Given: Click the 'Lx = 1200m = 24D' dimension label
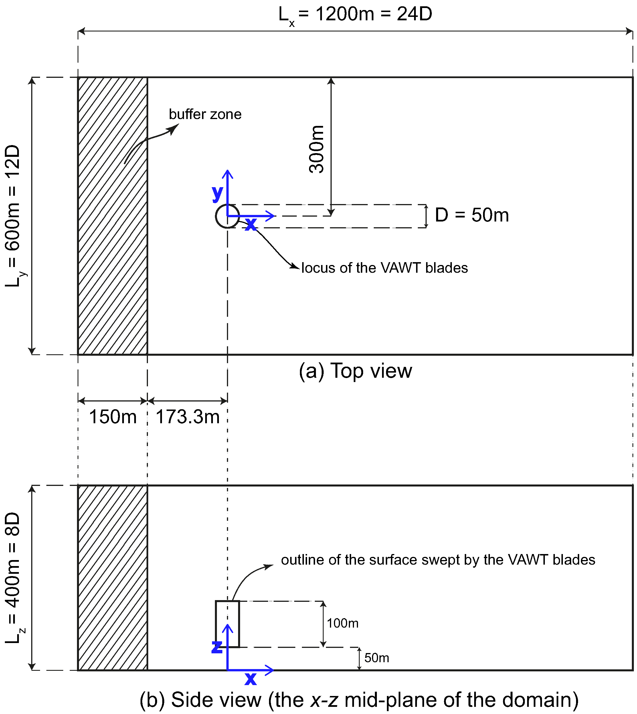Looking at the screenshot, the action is tap(355, 15).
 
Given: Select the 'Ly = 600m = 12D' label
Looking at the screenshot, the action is tap(13, 216).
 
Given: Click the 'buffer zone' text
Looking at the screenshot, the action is tap(205, 114).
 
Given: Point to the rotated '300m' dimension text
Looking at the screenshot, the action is tap(317, 149).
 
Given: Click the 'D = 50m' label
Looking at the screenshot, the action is tap(471, 215).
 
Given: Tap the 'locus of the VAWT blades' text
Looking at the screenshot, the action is tap(384, 268).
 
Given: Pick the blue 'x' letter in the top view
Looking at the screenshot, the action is tap(251, 224).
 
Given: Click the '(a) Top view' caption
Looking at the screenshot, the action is tap(355, 371).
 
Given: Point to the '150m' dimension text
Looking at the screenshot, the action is tap(113, 417).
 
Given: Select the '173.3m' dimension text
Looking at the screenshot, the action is tap(188, 417).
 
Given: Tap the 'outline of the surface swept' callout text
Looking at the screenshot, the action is tap(438, 560).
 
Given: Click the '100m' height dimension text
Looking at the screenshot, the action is tap(343, 623).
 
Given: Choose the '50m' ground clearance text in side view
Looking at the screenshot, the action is tap(377, 658).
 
